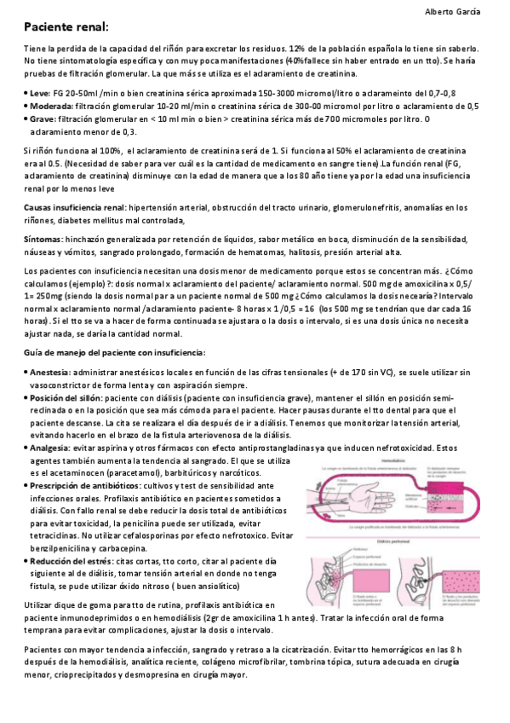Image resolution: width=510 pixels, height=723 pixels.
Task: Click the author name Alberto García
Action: [452, 11]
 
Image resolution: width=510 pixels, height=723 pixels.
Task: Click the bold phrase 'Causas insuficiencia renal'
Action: [74, 207]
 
